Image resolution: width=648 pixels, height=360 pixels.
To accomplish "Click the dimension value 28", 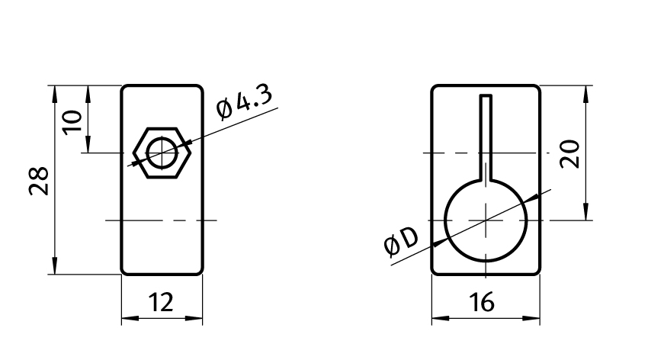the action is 39,181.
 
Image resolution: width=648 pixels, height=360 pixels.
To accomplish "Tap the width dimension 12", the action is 161,302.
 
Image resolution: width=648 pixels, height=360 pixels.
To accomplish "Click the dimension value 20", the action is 569,154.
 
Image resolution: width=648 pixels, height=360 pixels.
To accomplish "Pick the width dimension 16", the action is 482,302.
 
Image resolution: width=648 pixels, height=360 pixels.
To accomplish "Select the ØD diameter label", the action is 401,241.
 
